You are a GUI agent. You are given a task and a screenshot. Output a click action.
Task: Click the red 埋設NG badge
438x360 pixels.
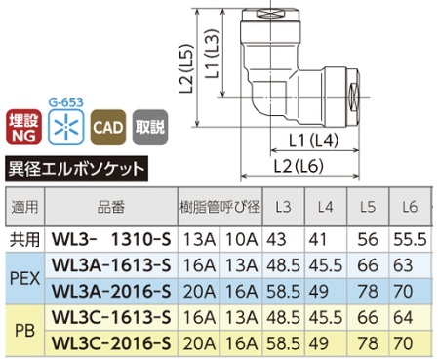pyautogui.click(x=23, y=127)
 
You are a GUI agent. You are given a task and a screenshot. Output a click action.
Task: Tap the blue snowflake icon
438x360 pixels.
pyautogui.click(x=66, y=127)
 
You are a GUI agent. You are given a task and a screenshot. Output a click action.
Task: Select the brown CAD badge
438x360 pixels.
pyautogui.click(x=108, y=127)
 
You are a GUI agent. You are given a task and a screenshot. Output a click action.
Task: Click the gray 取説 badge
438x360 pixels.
pyautogui.click(x=150, y=127)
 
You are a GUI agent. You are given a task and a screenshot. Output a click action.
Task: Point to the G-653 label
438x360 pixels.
pyautogui.click(x=66, y=102)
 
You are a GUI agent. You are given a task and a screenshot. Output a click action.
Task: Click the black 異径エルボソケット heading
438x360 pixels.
pyautogui.click(x=77, y=169)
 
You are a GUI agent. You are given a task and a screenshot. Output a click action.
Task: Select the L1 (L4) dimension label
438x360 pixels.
pyautogui.click(x=314, y=140)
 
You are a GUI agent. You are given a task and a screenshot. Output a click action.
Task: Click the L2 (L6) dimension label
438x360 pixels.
pyautogui.click(x=299, y=166)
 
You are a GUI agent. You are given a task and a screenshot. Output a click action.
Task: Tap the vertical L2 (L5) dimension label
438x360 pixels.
pyautogui.click(x=186, y=68)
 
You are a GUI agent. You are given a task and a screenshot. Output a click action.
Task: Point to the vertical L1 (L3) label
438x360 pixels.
pyautogui.click(x=213, y=54)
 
